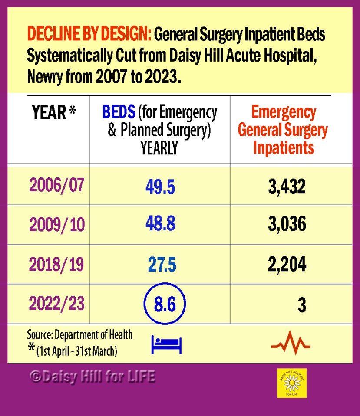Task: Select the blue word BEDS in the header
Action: point(119,113)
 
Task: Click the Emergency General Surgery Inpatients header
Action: point(283,130)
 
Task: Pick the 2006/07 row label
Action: point(56,185)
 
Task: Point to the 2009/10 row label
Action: point(57,225)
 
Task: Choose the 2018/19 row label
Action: point(56,264)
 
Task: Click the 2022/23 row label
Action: point(56,304)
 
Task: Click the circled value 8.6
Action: point(165,305)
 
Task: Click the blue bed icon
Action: point(166,345)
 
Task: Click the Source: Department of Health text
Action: point(79,335)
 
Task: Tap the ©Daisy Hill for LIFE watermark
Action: point(92,376)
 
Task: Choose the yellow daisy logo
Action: point(292,383)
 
